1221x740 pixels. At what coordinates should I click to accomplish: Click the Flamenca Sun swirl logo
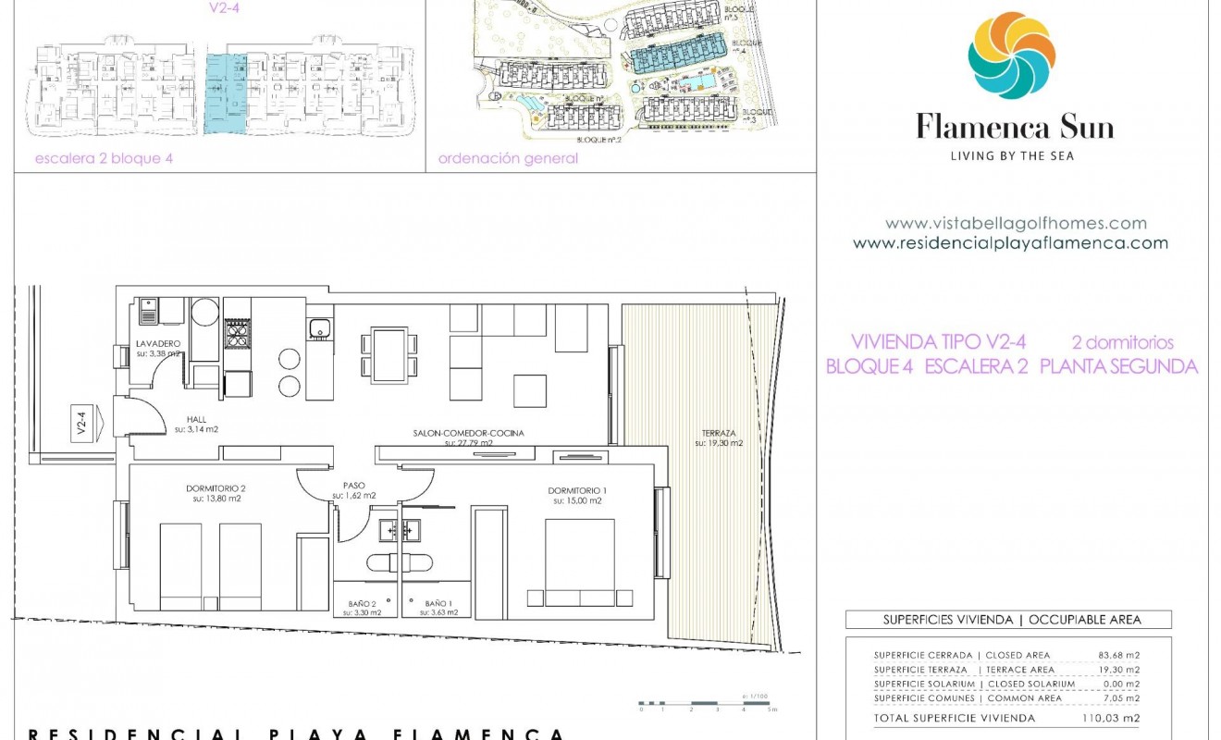tap(1011, 56)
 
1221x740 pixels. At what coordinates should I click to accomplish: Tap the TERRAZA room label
tap(719, 433)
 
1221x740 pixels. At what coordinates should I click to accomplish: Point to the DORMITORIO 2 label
tap(216, 488)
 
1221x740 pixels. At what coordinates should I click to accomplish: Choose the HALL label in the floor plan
tap(196, 419)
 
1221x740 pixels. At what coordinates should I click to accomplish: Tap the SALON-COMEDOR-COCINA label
tap(468, 433)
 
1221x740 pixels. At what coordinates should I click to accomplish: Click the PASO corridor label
tap(353, 485)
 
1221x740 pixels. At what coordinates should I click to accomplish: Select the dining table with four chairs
tap(390, 354)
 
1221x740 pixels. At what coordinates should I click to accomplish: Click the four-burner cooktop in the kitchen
tap(238, 333)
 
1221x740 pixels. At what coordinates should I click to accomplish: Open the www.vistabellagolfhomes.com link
tap(1016, 223)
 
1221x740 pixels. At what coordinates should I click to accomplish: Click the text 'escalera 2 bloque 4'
tap(104, 158)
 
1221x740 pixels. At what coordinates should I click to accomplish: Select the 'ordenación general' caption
tap(508, 158)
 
